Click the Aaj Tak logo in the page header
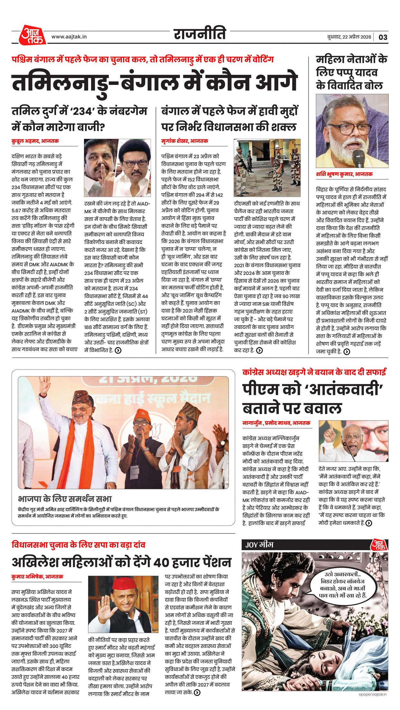[x=32, y=35]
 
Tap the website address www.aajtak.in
[x=69, y=37]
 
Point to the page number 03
[x=383, y=37]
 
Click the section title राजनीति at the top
[x=200, y=34]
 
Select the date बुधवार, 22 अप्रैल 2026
[x=349, y=37]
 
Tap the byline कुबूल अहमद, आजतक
[x=35, y=141]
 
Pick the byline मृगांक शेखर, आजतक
[x=185, y=141]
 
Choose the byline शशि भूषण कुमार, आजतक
[x=344, y=174]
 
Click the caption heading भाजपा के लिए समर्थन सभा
[x=65, y=499]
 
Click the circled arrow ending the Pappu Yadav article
[x=347, y=352]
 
